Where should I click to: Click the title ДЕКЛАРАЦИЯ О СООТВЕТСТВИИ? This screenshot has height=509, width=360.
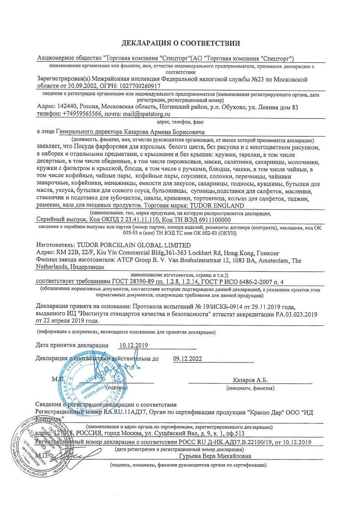180,44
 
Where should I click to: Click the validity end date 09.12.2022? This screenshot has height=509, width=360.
187,359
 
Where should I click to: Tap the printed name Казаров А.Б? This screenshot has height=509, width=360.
250,380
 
